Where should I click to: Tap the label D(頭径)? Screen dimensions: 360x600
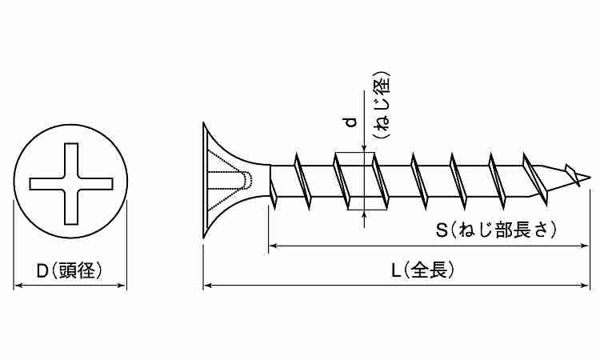tap(70, 270)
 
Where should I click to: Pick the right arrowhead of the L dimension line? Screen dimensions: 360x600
tap(587, 284)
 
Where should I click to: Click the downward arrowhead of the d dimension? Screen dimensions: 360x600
tap(365, 147)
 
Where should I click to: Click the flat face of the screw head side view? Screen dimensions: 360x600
tap(203, 180)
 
